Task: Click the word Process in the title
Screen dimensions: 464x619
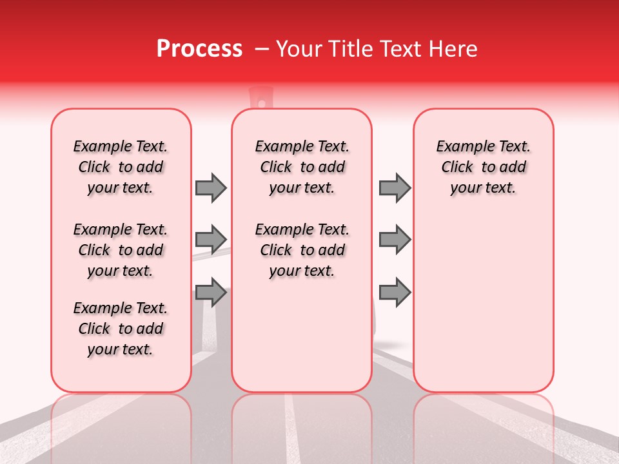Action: coord(199,49)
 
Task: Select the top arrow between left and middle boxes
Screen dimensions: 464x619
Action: coord(211,188)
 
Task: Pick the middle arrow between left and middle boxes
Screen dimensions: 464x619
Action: coord(211,240)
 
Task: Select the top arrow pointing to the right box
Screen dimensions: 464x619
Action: coord(395,188)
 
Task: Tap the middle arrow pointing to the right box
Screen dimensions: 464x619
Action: coord(395,240)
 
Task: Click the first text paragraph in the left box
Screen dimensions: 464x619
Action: coord(121,167)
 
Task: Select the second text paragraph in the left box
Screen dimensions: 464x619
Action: coord(121,250)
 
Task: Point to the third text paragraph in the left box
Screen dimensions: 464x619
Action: coord(121,329)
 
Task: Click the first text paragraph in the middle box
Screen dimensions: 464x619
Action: coord(302,167)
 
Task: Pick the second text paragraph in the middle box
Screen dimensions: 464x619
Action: coord(302,250)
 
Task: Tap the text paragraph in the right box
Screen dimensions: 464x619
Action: coord(484,167)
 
